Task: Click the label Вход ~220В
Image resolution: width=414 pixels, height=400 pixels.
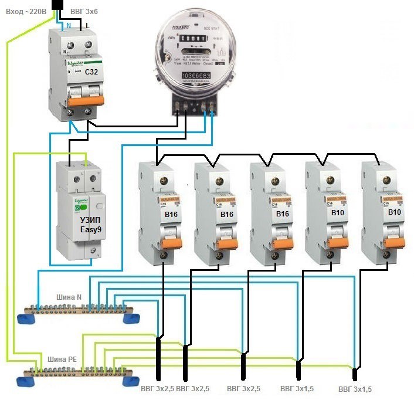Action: tap(24, 11)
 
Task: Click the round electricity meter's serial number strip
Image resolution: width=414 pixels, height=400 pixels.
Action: tap(195, 77)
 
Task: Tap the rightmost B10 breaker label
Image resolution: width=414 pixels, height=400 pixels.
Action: tap(395, 212)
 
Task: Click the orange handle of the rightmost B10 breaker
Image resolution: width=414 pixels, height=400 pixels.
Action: tap(386, 236)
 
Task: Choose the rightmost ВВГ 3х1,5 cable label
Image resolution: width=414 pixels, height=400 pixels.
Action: tap(355, 389)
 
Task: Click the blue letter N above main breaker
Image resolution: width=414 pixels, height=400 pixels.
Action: tap(69, 26)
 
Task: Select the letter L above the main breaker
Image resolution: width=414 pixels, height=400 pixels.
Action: tap(87, 26)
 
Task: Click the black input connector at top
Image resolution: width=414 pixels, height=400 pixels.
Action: tap(58, 5)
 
